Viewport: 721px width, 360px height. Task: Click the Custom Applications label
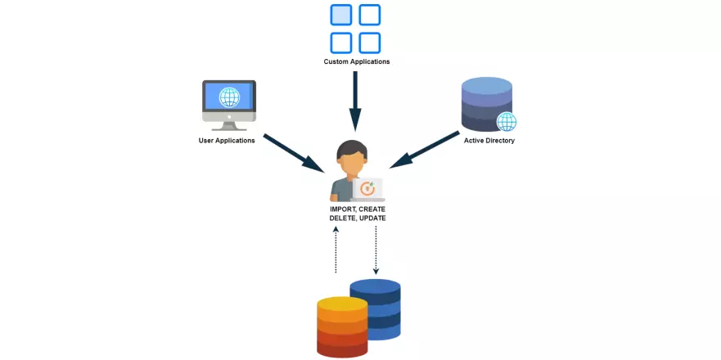click(x=356, y=61)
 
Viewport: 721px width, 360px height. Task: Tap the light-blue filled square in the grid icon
click(x=341, y=15)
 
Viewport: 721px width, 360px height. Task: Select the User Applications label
click(x=227, y=141)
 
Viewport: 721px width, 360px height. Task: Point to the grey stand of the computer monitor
click(x=229, y=123)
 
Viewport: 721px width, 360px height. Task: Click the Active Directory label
click(x=489, y=141)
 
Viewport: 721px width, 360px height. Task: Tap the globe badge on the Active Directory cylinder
click(x=507, y=122)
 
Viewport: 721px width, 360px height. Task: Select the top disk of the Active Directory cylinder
click(x=486, y=86)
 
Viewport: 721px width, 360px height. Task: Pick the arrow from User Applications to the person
click(x=294, y=152)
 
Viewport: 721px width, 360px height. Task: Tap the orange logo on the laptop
click(x=368, y=188)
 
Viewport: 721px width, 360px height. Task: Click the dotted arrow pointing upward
click(x=336, y=250)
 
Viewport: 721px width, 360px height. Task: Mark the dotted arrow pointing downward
click(x=376, y=250)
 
